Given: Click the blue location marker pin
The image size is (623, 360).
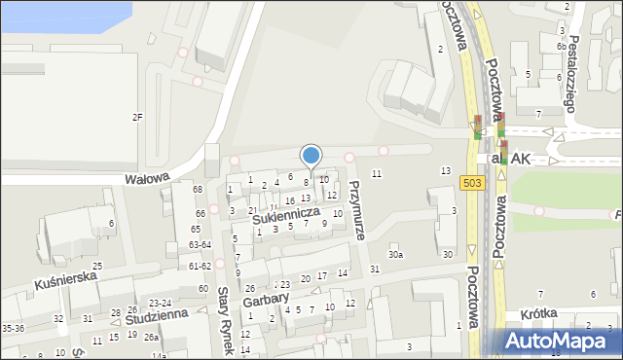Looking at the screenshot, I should [x=311, y=156].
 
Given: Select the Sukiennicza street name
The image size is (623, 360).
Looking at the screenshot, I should [x=286, y=216].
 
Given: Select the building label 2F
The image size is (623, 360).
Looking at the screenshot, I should [x=137, y=118].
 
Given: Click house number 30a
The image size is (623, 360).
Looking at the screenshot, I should [x=395, y=255].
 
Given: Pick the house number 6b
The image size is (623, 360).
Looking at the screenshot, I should [x=562, y=47].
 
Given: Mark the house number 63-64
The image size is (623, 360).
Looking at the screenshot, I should [x=200, y=245].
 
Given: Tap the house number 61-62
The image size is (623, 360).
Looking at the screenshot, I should [x=200, y=266].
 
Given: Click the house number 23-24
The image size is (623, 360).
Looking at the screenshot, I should [x=160, y=304].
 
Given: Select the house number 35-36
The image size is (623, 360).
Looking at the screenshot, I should [x=14, y=329].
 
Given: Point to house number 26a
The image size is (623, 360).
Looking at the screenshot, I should [x=151, y=338].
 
